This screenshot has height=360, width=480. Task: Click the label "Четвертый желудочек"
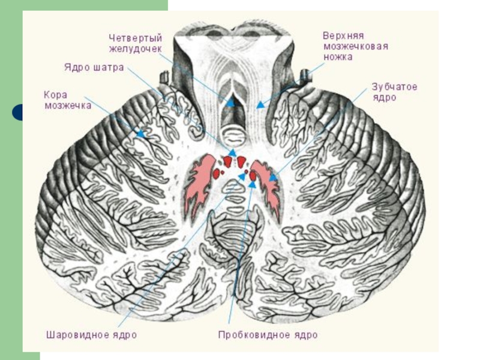point(135,42)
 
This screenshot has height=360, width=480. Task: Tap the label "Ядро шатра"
point(94,67)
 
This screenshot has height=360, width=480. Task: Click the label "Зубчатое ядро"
point(394,92)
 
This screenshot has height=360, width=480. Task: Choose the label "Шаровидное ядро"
point(91,334)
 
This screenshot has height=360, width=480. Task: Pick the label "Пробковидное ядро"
point(268,334)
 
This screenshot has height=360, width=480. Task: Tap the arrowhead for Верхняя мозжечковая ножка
point(259,105)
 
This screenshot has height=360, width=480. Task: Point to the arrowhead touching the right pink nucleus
point(273,178)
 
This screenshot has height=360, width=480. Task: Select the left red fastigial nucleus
point(228,161)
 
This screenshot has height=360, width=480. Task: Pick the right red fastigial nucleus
point(241,161)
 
